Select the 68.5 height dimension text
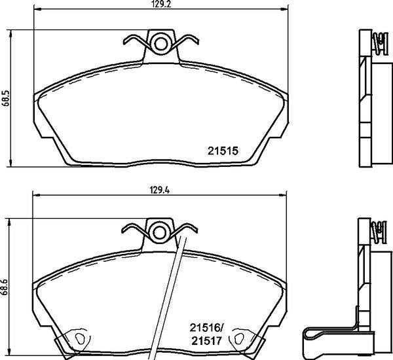6,98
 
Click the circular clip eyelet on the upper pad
159,44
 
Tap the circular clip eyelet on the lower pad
159,231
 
